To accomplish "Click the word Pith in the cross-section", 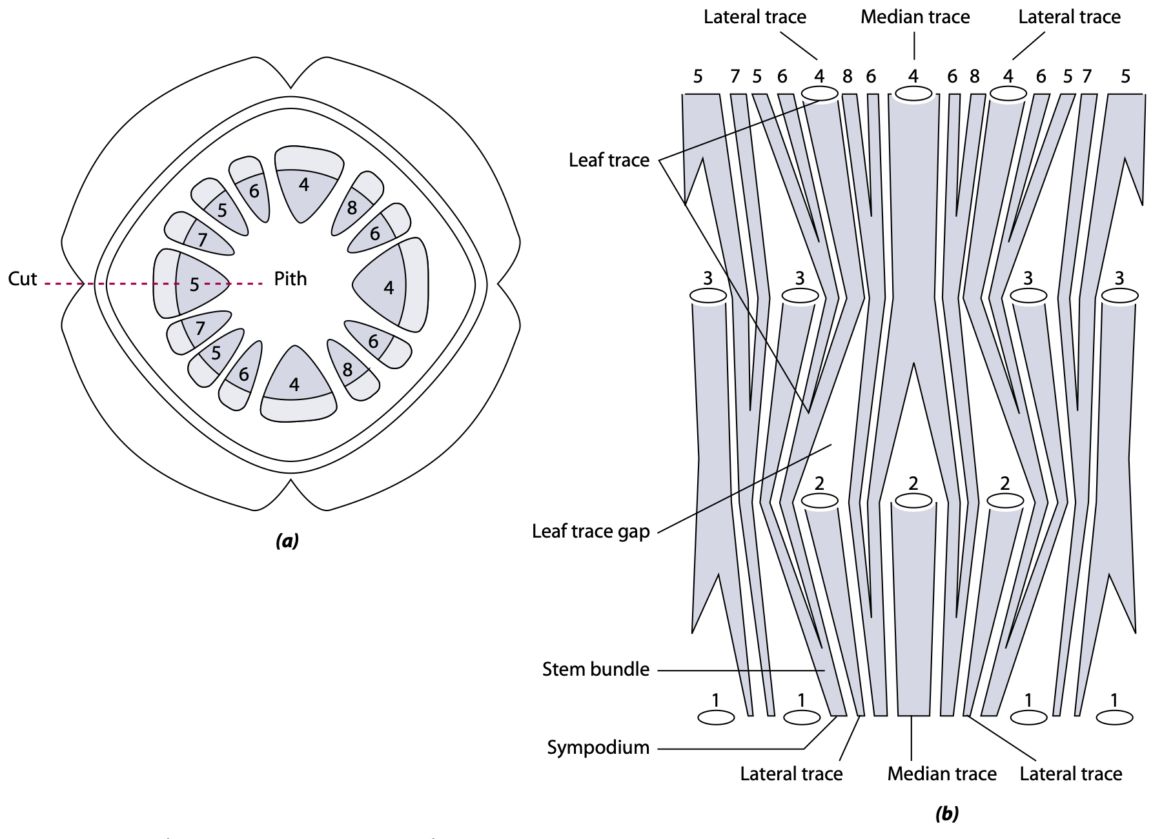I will point(290,279).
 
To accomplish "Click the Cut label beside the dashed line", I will point(23,279).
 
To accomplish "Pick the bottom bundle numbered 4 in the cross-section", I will point(295,385).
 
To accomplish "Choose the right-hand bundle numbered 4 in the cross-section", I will point(388,287).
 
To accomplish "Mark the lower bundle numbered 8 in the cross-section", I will point(348,370).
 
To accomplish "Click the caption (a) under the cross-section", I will point(287,540).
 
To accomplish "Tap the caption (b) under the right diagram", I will point(946,814).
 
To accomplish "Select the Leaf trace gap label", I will point(590,531).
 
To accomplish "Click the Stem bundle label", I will point(595,669).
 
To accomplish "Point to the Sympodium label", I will point(598,747).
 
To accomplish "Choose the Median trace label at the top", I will point(915,17).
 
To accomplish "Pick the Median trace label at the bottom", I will point(941,773).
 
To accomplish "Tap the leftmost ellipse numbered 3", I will point(708,296).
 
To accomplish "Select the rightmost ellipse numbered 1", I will point(1114,717).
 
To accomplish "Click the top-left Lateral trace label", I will point(755,17).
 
